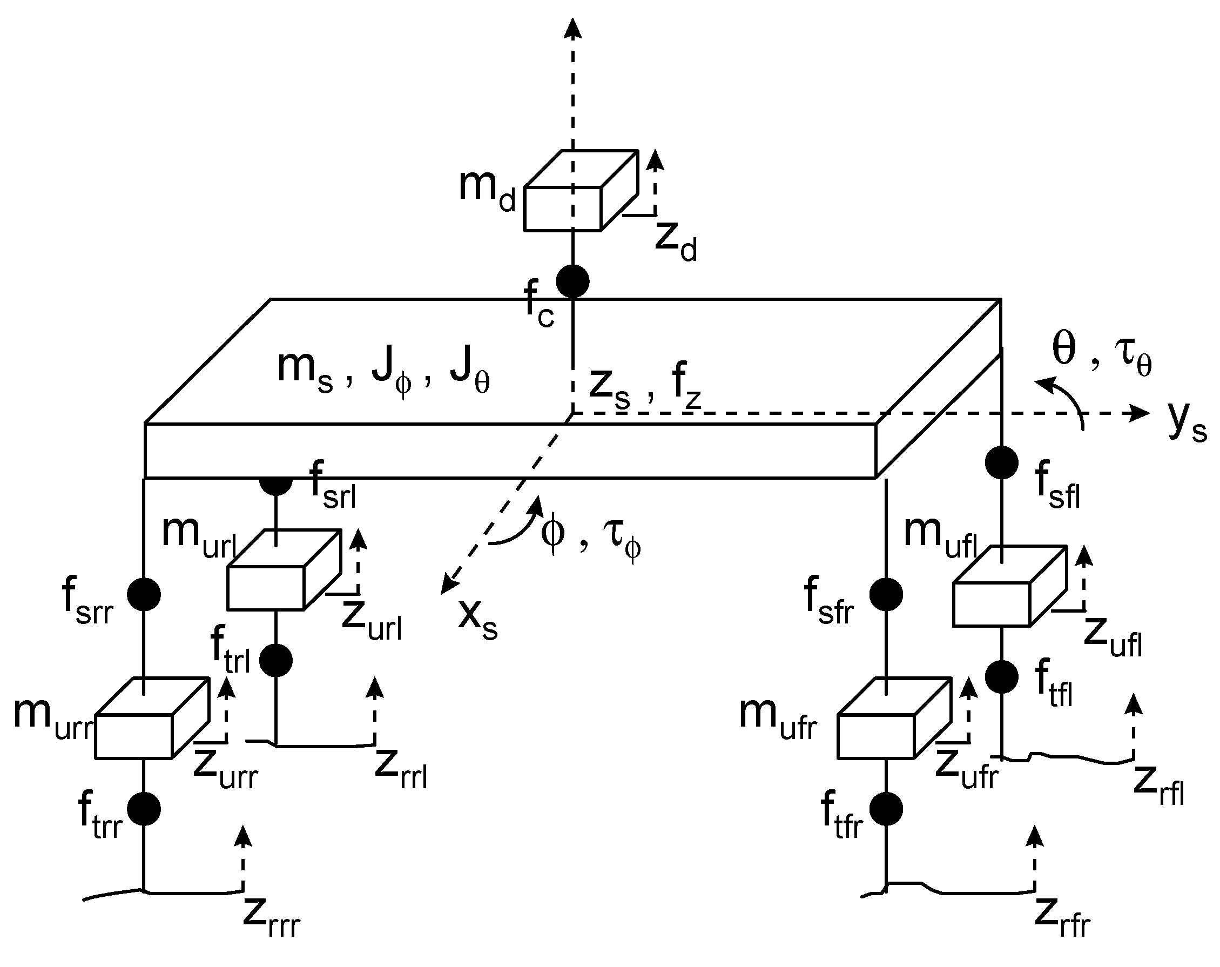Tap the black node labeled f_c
click(572, 281)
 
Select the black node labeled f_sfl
click(1002, 462)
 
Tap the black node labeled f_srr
click(144, 594)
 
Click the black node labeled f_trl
click(275, 660)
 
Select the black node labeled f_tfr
click(886, 809)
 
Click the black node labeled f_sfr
click(886, 594)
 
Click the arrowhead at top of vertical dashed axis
click(572, 27)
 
